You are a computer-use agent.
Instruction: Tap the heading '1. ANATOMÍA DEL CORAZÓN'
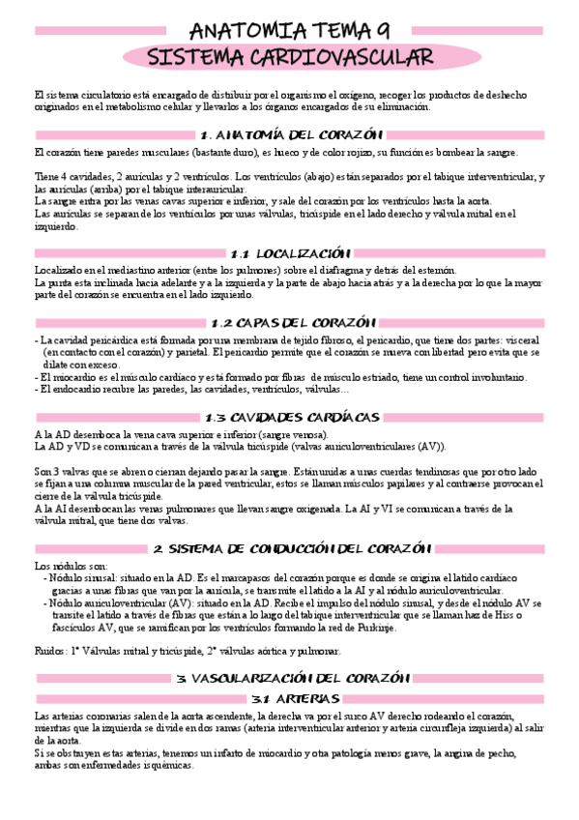tap(289, 134)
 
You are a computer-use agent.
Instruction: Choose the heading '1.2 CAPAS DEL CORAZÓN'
tap(289, 322)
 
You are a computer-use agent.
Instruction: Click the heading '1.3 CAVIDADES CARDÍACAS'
tap(289, 417)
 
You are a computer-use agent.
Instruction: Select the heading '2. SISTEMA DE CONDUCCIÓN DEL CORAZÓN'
tap(289, 548)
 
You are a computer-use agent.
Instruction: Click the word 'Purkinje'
tap(371, 628)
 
